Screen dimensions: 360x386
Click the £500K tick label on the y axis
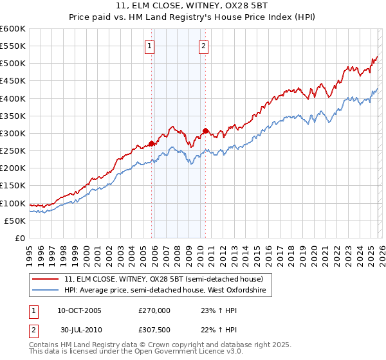13,64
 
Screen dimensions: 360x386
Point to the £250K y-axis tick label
13,151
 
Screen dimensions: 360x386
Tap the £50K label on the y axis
15,221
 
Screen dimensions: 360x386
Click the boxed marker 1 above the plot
149,46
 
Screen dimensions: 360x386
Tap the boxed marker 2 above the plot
203,46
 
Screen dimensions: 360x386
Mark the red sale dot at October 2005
152,143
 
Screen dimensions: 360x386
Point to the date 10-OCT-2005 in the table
79,310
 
